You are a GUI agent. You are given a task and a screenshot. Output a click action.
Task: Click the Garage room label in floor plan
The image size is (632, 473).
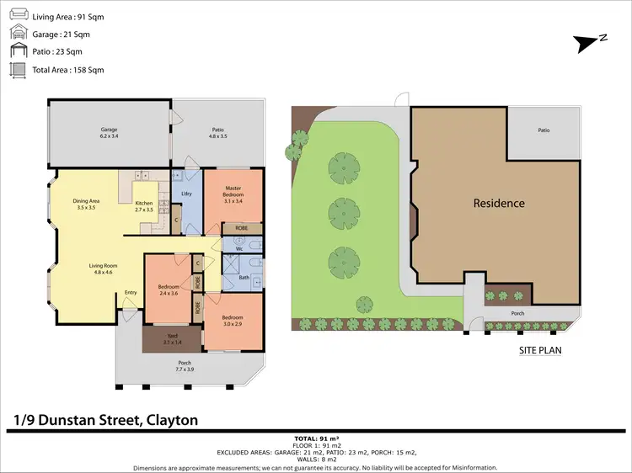coord(107,133)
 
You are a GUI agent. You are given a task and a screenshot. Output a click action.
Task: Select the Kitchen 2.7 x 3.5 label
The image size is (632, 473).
coord(144,206)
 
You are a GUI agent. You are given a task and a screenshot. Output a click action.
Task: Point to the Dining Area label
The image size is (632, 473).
coord(87,204)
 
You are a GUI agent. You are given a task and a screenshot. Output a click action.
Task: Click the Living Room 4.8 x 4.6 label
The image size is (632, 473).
coord(104,269)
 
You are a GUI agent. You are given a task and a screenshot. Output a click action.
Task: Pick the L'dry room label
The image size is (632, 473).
coord(188,194)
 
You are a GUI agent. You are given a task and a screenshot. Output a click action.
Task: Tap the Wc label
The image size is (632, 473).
coord(240,249)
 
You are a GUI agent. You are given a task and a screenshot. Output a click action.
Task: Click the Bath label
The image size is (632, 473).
coord(244,278)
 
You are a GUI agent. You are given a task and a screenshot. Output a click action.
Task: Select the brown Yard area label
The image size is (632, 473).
coord(171,338)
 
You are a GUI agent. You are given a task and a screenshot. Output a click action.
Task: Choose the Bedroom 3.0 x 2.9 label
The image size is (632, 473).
coord(233,322)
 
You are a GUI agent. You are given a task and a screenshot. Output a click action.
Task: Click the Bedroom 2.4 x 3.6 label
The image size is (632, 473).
coord(169,290)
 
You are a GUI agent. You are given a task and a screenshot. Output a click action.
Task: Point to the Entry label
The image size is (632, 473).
coord(131,293)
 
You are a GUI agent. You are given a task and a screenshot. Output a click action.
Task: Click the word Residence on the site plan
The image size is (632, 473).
coord(499,203)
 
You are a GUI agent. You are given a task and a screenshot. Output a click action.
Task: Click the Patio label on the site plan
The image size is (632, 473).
coord(544,130)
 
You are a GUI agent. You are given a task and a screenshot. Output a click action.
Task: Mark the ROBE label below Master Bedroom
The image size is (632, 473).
coord(241,228)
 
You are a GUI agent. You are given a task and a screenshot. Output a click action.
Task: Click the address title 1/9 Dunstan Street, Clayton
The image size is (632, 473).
coord(105,420)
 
